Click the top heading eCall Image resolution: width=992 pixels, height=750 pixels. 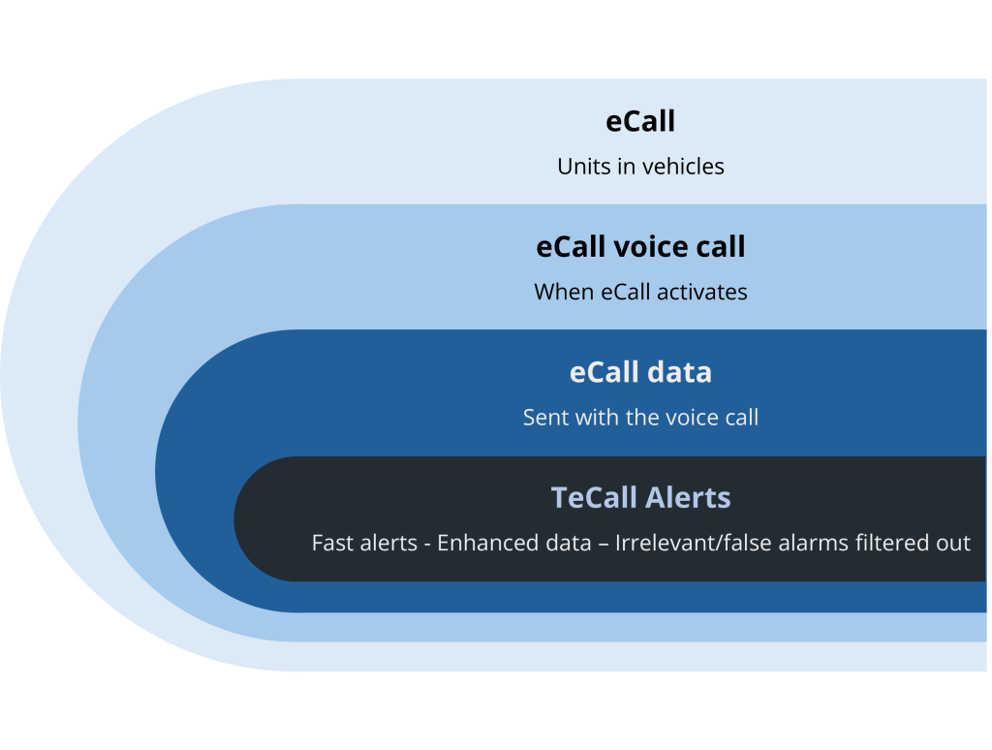[640, 121]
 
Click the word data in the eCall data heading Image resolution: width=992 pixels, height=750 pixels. [681, 372]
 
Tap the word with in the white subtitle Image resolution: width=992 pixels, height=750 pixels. [603, 418]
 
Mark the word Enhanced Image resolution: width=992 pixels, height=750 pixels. [484, 543]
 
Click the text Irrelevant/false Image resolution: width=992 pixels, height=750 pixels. [683, 543]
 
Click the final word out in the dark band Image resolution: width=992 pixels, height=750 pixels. [954, 543]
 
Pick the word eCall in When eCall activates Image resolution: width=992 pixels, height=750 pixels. [626, 292]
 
